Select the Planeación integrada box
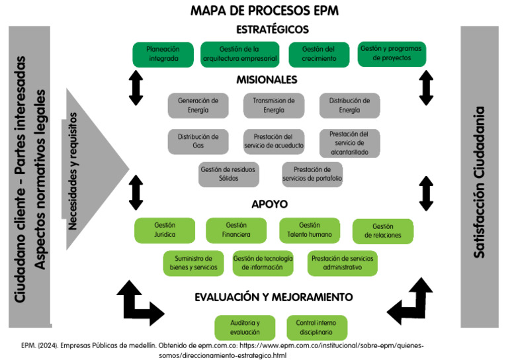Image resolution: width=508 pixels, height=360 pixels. click(x=163, y=54)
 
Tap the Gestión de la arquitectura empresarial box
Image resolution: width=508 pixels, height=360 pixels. click(x=239, y=54)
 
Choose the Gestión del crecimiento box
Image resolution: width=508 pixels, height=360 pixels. click(x=318, y=54)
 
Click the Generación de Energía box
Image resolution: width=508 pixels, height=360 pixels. click(x=198, y=105)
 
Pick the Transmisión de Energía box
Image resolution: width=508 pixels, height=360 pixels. click(x=274, y=105)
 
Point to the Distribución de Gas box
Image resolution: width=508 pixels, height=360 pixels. click(x=198, y=141)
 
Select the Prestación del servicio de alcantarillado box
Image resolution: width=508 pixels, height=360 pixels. click(x=350, y=143)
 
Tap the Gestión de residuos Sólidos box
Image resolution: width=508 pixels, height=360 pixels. click(x=229, y=173)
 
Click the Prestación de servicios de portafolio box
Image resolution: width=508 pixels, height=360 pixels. click(x=312, y=173)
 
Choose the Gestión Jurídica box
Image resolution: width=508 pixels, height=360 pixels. click(x=165, y=230)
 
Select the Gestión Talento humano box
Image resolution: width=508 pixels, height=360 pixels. click(x=310, y=230)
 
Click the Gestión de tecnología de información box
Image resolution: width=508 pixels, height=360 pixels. click(x=263, y=263)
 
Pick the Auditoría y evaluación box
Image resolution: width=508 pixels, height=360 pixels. click(x=245, y=327)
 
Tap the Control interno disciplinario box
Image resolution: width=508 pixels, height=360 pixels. click(x=316, y=327)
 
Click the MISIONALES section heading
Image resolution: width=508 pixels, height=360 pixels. click(x=267, y=80)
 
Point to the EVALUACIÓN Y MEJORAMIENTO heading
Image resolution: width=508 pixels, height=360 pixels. click(x=274, y=297)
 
